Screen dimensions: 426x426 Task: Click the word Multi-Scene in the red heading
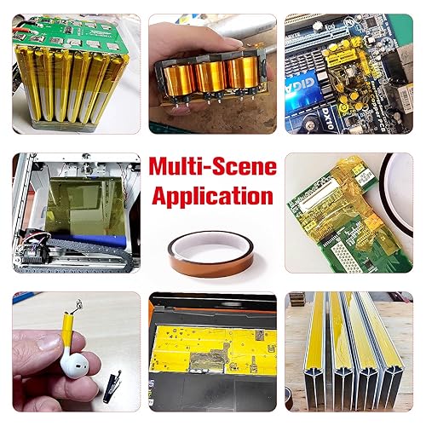tap(213, 167)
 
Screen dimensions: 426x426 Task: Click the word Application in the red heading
tap(213, 196)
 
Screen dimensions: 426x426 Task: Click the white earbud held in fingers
tap(75, 364)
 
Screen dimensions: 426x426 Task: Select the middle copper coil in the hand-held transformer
tap(210, 76)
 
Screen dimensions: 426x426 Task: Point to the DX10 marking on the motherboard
tap(327, 118)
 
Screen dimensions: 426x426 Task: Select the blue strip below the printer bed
tap(90, 241)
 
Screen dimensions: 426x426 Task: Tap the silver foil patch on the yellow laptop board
tap(209, 360)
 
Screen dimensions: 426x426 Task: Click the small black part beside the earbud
tap(112, 386)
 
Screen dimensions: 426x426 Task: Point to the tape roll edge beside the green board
tap(394, 195)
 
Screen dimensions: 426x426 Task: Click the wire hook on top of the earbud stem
tap(77, 307)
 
